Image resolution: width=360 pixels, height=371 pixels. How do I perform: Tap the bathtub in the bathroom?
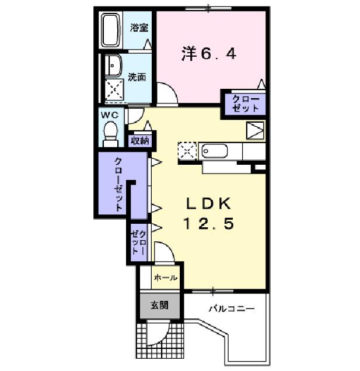(111, 30)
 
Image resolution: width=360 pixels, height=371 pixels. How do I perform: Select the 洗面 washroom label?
(137, 77)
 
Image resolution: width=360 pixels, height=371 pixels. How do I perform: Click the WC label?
(110, 115)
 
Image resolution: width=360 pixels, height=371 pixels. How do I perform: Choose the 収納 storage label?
(139, 140)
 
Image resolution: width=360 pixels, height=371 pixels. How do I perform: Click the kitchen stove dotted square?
(188, 150)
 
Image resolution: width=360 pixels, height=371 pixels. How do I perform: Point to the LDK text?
(208, 203)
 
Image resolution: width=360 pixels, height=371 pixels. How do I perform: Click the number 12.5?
(209, 223)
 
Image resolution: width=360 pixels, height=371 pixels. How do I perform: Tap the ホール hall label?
(166, 278)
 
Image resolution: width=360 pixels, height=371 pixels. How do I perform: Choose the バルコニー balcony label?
(232, 308)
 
